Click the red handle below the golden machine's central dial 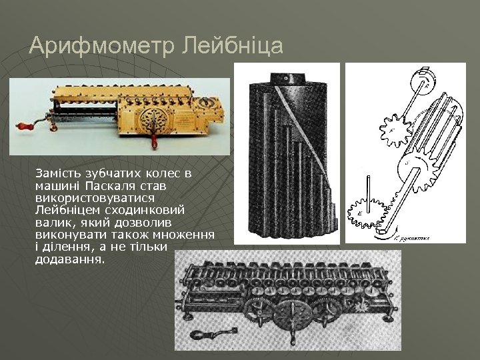point(155,141)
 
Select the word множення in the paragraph point(187,235)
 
